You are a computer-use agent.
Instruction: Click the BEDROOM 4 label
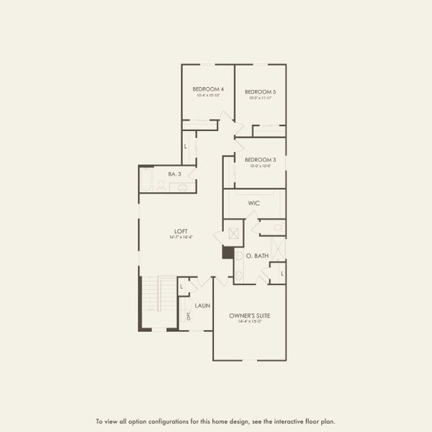(x=207, y=89)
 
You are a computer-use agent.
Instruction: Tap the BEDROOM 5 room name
(x=260, y=91)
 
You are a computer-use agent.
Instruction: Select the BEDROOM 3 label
(x=260, y=159)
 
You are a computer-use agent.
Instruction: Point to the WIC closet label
(x=253, y=204)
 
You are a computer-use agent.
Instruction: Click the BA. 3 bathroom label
(x=174, y=174)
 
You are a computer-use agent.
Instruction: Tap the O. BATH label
(x=257, y=256)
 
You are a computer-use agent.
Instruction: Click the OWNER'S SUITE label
(x=250, y=315)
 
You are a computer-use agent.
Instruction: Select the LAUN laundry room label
(x=202, y=305)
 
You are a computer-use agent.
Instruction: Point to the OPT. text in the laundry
(x=189, y=315)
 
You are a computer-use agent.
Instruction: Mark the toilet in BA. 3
(x=161, y=186)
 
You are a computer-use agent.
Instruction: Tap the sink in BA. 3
(x=182, y=188)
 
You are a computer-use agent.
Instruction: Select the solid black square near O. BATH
(x=228, y=253)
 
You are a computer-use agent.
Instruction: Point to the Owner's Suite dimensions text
(x=250, y=322)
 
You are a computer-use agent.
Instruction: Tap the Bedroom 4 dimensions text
(x=207, y=96)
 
